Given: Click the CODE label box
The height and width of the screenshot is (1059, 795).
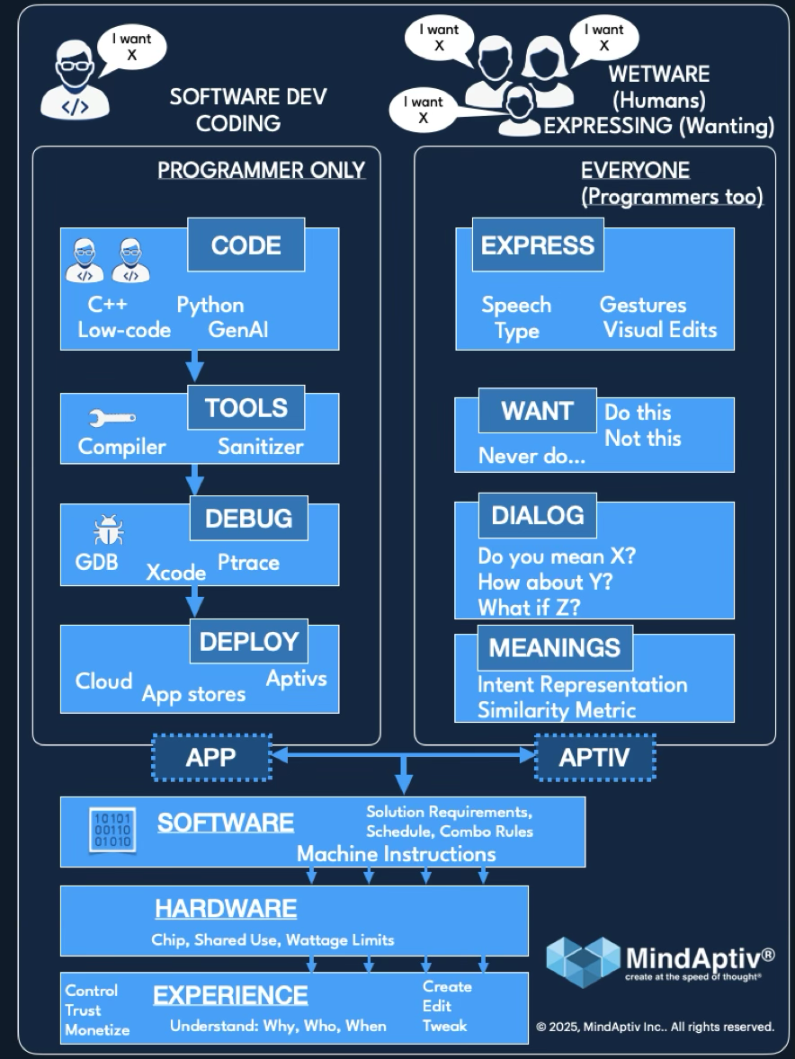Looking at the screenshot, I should (246, 245).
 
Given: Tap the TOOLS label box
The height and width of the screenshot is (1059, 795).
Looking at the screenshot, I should (246, 408).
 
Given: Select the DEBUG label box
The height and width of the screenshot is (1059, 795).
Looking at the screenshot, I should (248, 519).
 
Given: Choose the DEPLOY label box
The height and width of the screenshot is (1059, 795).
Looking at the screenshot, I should (248, 642).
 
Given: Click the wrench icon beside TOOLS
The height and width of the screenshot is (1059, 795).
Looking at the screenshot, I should (112, 418).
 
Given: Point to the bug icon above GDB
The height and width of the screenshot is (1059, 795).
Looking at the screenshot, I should (108, 531).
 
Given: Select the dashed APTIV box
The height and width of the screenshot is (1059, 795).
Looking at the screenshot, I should (594, 758).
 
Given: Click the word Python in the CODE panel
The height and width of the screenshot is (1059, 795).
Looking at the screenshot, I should (210, 306).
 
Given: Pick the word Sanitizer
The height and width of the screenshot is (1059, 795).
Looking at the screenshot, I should (260, 447).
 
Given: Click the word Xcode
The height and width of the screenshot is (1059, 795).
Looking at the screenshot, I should (176, 571).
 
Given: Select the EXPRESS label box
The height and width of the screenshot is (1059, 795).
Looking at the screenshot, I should (538, 245).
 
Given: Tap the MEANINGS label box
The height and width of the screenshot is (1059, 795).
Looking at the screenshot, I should (555, 647).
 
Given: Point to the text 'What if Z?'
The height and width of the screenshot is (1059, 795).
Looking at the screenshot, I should (529, 608).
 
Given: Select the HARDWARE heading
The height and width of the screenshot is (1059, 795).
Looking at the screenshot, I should (226, 909).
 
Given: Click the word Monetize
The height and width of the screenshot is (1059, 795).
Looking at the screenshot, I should (97, 1030).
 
